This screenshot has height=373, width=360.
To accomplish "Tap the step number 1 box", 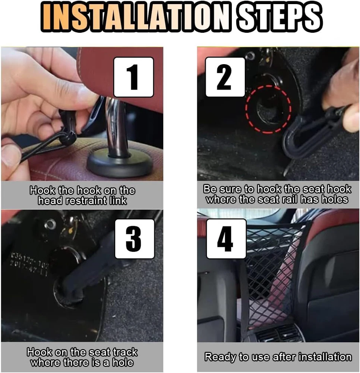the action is coord(134,77).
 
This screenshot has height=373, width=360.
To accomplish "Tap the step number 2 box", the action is coord(225,77).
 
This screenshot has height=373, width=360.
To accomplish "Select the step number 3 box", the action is coord(135,239).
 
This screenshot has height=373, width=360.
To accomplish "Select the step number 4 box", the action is coord(226,239).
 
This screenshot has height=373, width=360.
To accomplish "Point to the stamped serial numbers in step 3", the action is coord(29,264).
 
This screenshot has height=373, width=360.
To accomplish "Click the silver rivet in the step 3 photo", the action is coord(50,224).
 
